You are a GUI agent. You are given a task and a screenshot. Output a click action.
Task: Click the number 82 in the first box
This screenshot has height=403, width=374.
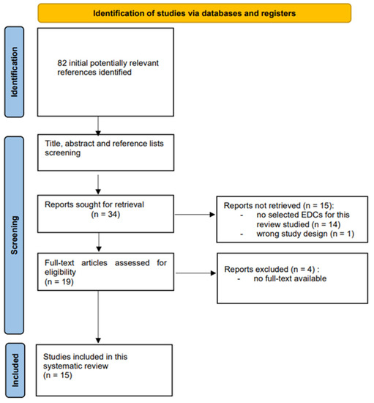tap(61, 64)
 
